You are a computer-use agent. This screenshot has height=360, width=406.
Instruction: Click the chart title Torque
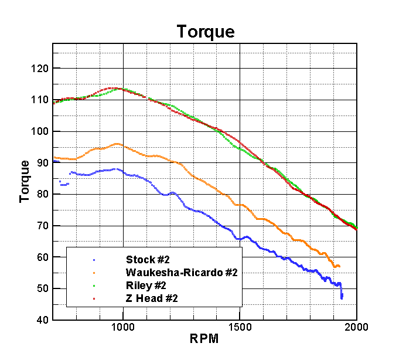click(x=206, y=32)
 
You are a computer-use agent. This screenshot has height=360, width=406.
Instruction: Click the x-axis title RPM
click(x=205, y=339)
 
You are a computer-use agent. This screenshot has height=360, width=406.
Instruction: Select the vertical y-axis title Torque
click(x=25, y=181)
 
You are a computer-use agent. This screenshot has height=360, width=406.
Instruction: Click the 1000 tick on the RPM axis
click(x=123, y=327)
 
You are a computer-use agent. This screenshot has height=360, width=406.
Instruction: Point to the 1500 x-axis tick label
click(x=240, y=327)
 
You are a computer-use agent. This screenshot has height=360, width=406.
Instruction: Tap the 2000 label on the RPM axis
click(x=357, y=327)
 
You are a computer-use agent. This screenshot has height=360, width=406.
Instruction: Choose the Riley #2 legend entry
click(x=146, y=286)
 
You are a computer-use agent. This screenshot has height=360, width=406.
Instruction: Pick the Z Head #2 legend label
click(x=151, y=299)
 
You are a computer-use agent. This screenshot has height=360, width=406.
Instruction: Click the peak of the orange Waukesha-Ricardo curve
click(x=117, y=144)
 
